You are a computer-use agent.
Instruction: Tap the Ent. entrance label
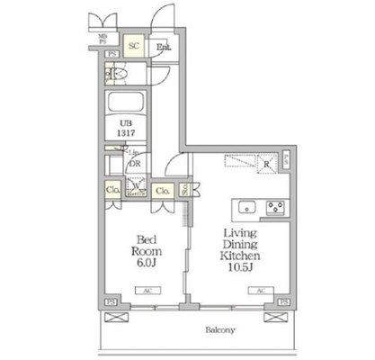pos(165,47)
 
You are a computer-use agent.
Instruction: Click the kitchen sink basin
pos(245,208)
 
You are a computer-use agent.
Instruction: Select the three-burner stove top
pos(274,208)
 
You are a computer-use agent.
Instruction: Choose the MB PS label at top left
pos(103,38)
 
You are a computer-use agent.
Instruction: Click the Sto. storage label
pos(183,190)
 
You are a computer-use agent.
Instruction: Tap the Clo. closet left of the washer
pos(112,190)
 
